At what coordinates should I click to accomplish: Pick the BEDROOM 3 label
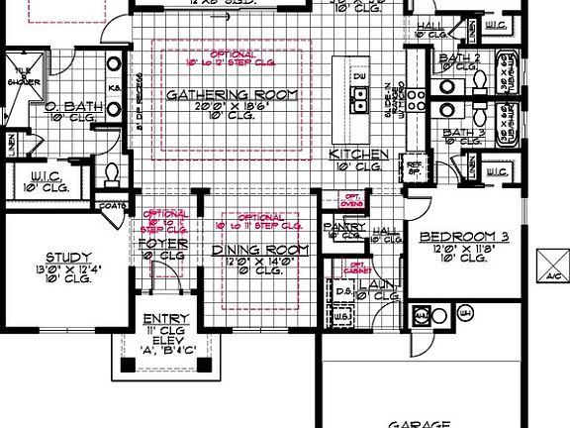(x=464, y=236)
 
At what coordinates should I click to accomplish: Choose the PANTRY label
(x=345, y=227)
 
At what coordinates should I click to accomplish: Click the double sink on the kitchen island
(x=359, y=98)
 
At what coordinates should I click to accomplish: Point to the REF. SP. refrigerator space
(x=414, y=168)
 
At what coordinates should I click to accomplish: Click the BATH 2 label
(x=460, y=59)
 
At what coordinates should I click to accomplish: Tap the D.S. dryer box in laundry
(x=338, y=291)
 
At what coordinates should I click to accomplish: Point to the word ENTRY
(x=159, y=318)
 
